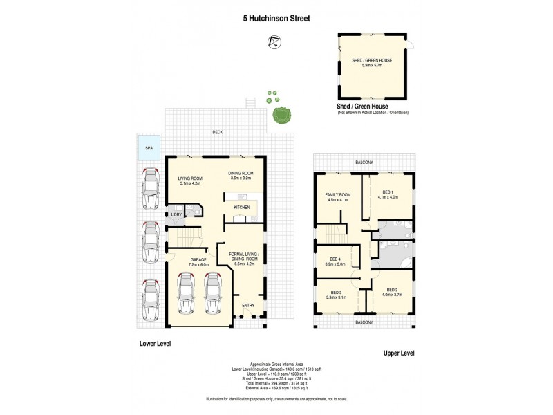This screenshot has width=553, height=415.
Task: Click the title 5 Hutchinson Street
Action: click(276, 20)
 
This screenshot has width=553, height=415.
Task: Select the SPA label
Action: click(149, 148)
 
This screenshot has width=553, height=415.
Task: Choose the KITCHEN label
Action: click(241, 207)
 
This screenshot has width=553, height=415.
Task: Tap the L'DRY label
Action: click(176, 214)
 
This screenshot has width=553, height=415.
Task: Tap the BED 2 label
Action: click(391, 290)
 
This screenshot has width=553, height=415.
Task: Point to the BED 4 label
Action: click(335, 259)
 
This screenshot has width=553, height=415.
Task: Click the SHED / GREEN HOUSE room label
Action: click(372, 60)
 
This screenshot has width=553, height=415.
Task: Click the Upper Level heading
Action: click(398, 353)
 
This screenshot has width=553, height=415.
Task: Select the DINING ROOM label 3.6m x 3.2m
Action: click(241, 175)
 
